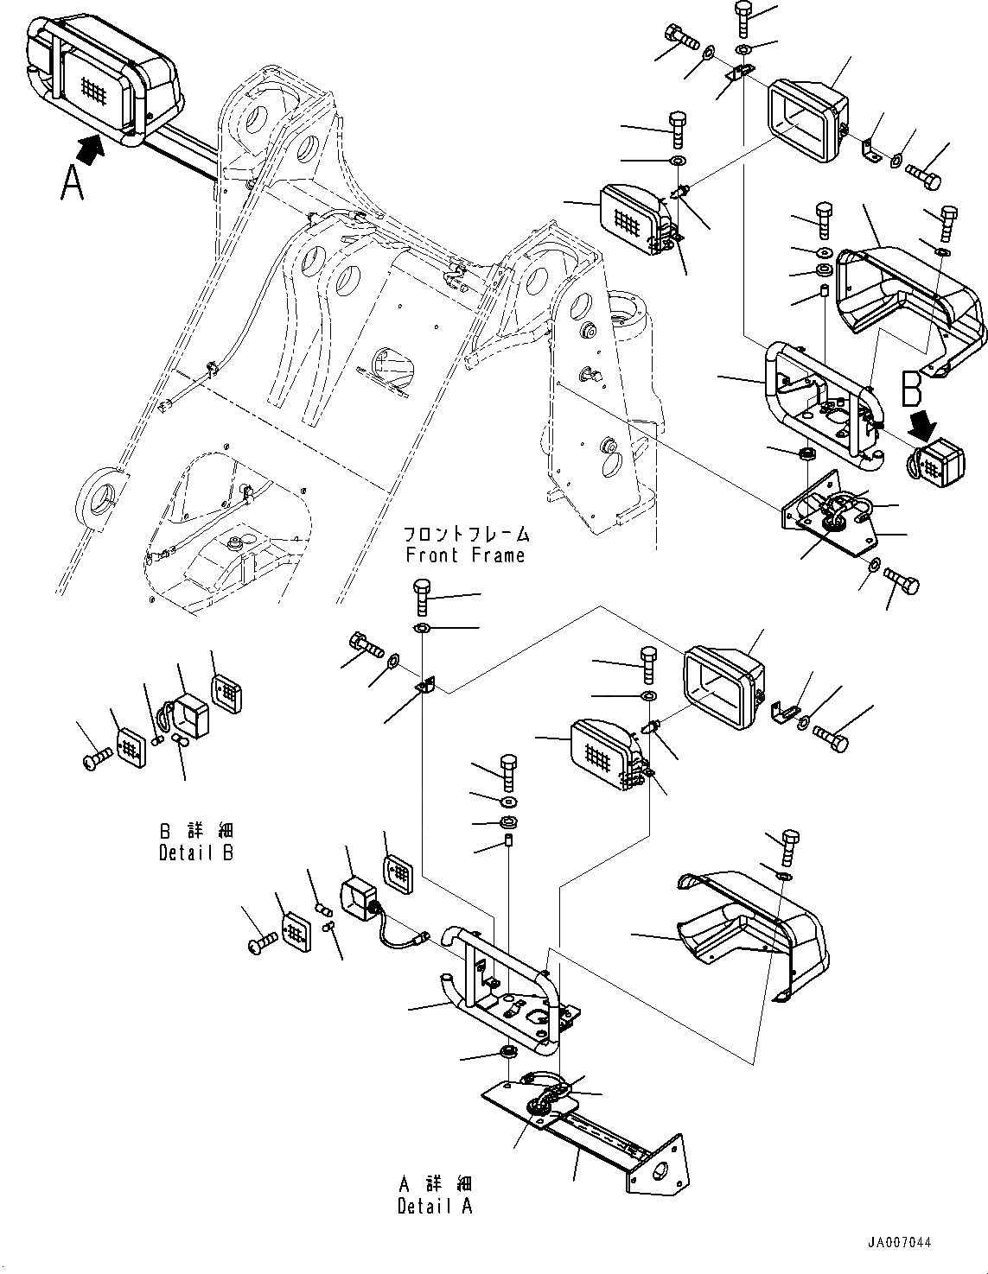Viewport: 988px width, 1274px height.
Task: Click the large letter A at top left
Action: pos(73,182)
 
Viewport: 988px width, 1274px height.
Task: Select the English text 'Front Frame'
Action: pos(465,555)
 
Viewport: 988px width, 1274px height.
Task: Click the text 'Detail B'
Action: pos(197,853)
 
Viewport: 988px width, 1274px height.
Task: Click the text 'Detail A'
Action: pos(436,1207)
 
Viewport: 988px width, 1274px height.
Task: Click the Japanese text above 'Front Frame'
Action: pos(467,536)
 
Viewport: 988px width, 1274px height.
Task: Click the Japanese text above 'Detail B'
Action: pos(197,832)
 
